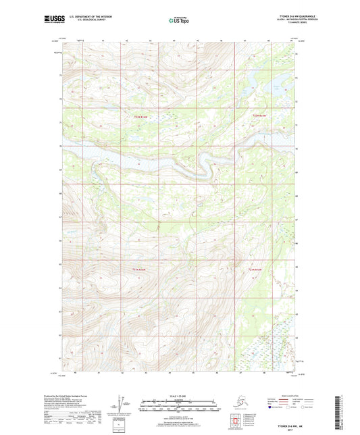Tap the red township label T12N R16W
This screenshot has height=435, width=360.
coord(140,116)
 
